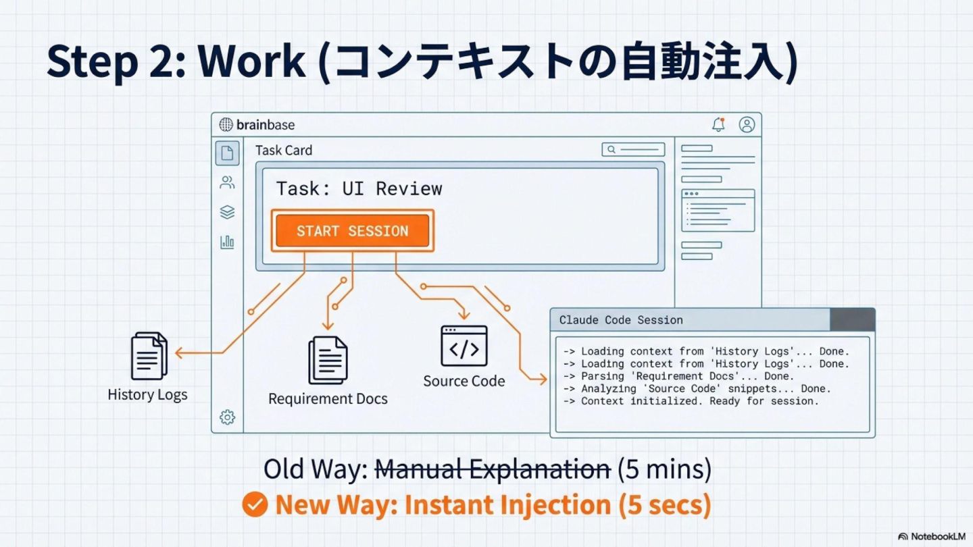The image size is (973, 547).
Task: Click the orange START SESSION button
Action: tap(352, 231)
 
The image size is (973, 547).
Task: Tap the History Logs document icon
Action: tap(149, 356)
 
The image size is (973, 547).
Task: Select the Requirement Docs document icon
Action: tap(328, 360)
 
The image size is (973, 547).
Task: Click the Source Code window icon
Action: tap(464, 346)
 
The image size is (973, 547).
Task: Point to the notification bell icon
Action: tap(718, 125)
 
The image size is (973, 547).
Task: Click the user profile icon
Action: tap(747, 125)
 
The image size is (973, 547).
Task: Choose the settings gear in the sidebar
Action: tap(227, 417)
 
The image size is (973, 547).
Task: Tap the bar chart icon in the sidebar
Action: tap(227, 242)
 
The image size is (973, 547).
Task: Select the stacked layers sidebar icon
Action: tap(227, 212)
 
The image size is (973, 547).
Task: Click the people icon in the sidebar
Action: tap(227, 182)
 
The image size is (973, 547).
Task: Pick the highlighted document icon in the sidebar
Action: tap(227, 153)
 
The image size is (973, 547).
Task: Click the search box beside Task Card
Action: tap(633, 150)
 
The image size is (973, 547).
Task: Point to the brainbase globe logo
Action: tap(226, 125)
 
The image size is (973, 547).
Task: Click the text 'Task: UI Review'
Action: tap(359, 188)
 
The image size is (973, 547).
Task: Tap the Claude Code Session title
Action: tap(621, 320)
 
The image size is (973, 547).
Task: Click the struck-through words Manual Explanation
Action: tap(493, 469)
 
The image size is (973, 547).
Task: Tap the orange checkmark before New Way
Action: tap(255, 504)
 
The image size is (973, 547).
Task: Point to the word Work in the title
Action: tap(251, 62)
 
